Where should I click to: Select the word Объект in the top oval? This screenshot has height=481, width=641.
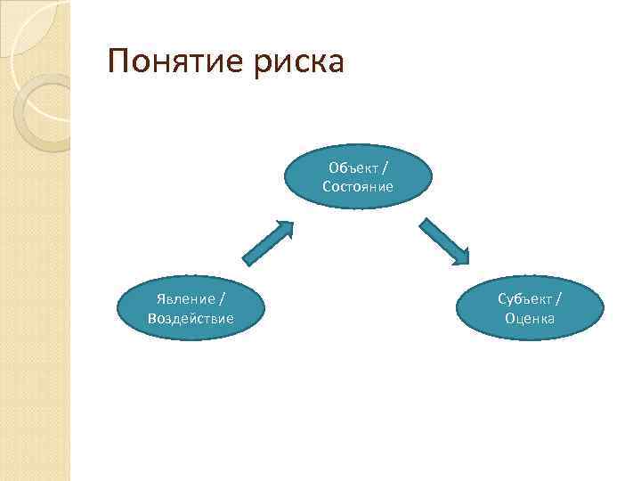[353, 167]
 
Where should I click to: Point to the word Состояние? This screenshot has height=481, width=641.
[358, 187]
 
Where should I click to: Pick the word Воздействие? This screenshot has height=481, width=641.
[191, 318]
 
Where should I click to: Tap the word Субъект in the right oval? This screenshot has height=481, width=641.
[523, 299]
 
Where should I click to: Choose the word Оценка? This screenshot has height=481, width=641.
[530, 318]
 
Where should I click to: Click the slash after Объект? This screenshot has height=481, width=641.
[384, 167]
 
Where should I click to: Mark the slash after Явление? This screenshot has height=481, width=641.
[220, 299]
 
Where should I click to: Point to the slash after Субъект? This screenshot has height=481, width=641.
[558, 299]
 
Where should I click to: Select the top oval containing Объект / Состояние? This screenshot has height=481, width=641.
[358, 177]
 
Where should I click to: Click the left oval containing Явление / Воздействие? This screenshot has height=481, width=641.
[191, 308]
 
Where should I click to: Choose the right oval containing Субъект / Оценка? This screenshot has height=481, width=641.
[530, 308]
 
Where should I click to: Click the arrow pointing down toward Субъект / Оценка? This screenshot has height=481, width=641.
[444, 242]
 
